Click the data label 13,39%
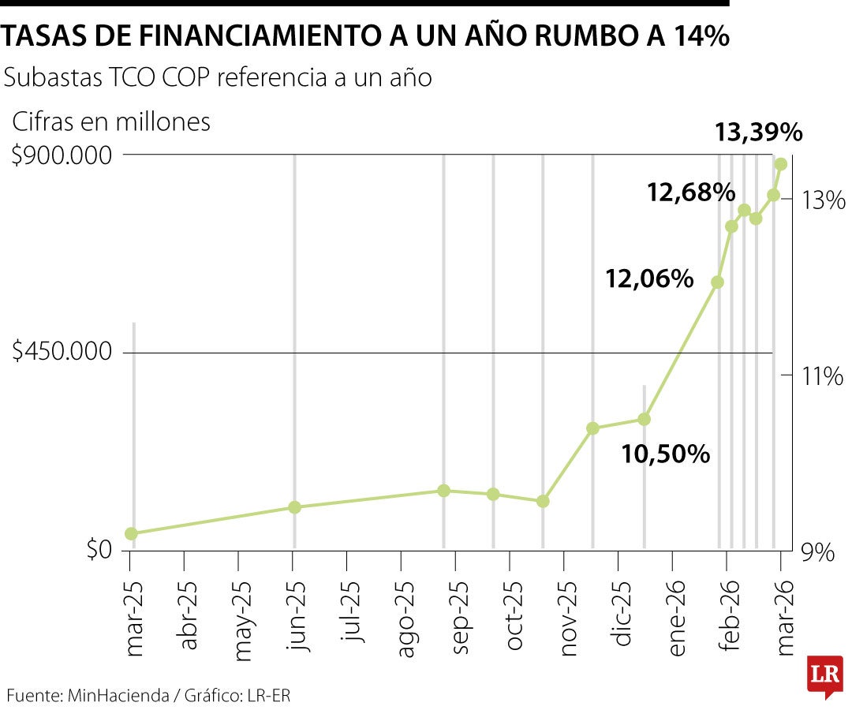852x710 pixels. pyautogui.click(x=758, y=133)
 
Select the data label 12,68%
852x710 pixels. pyautogui.click(x=691, y=192)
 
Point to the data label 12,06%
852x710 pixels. pyautogui.click(x=649, y=278)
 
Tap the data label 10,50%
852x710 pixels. pyautogui.click(x=665, y=454)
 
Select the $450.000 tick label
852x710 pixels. pyautogui.click(x=62, y=353)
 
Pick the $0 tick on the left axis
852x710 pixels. pyautogui.click(x=99, y=549)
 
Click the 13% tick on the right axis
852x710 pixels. pyautogui.click(x=818, y=200)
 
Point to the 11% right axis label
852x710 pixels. pyautogui.click(x=818, y=376)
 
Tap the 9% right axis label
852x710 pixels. pyautogui.click(x=818, y=552)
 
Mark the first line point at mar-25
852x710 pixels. pyautogui.click(x=131, y=534)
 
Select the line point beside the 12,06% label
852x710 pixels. pyautogui.click(x=717, y=282)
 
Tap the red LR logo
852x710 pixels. pyautogui.click(x=824, y=675)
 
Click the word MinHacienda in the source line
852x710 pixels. pyautogui.click(x=118, y=695)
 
